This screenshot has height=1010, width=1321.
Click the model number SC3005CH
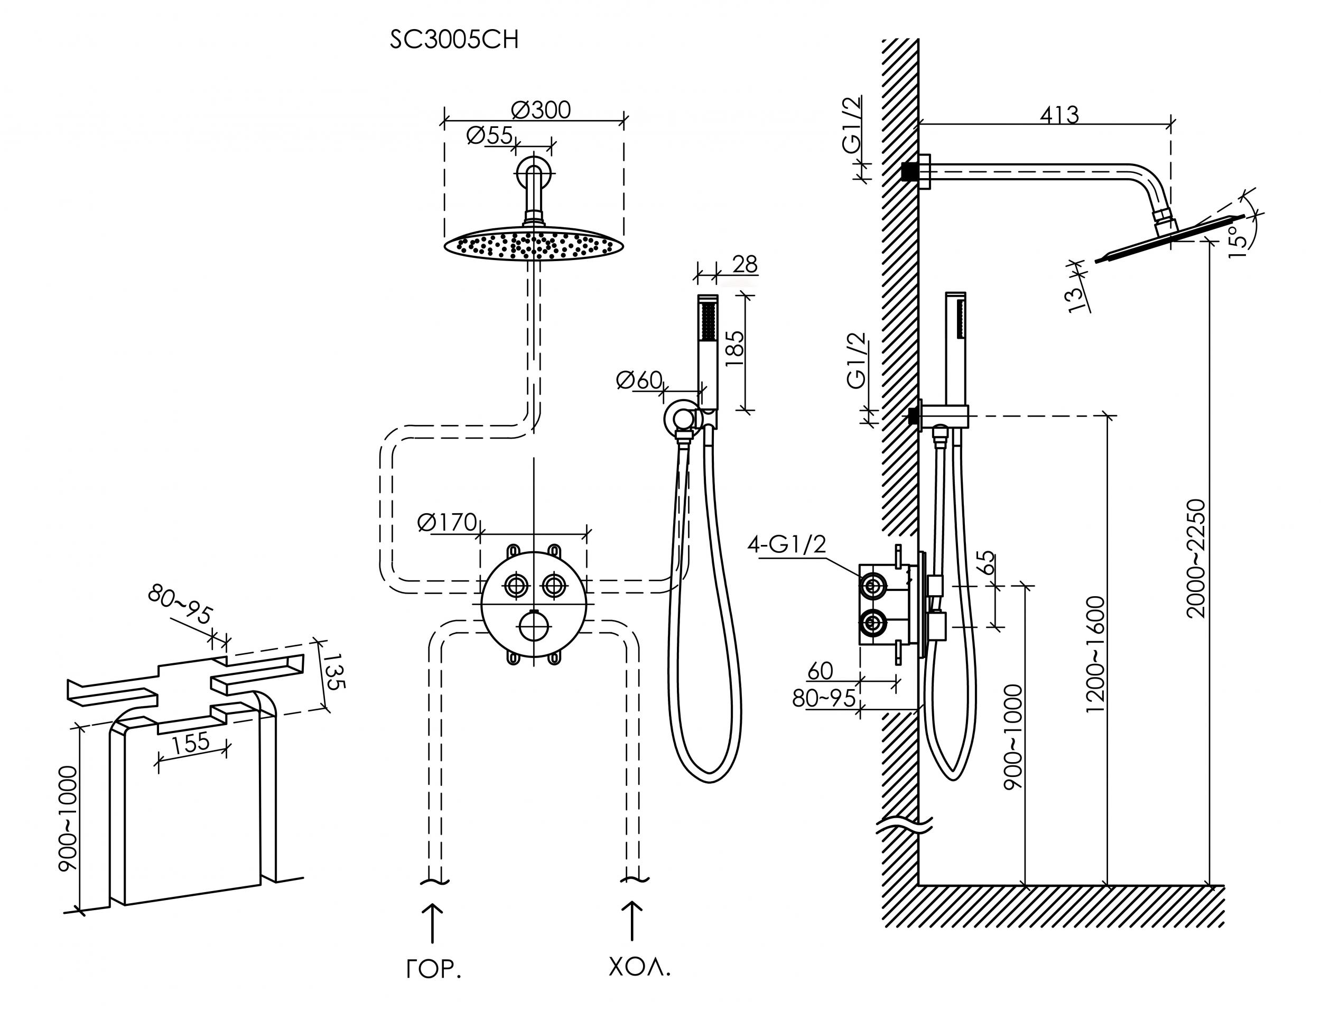(454, 40)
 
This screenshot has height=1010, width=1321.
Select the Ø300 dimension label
(541, 110)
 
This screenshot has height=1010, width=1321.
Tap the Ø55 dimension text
(489, 136)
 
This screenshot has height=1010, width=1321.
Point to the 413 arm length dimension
(1059, 114)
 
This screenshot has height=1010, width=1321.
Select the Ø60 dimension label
(639, 380)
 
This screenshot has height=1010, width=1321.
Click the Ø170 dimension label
(447, 522)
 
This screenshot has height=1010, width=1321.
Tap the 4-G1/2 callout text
(787, 545)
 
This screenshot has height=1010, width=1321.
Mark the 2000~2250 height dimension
(1196, 559)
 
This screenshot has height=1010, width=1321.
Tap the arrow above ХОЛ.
(631, 920)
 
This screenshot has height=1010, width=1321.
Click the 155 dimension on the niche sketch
(191, 743)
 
